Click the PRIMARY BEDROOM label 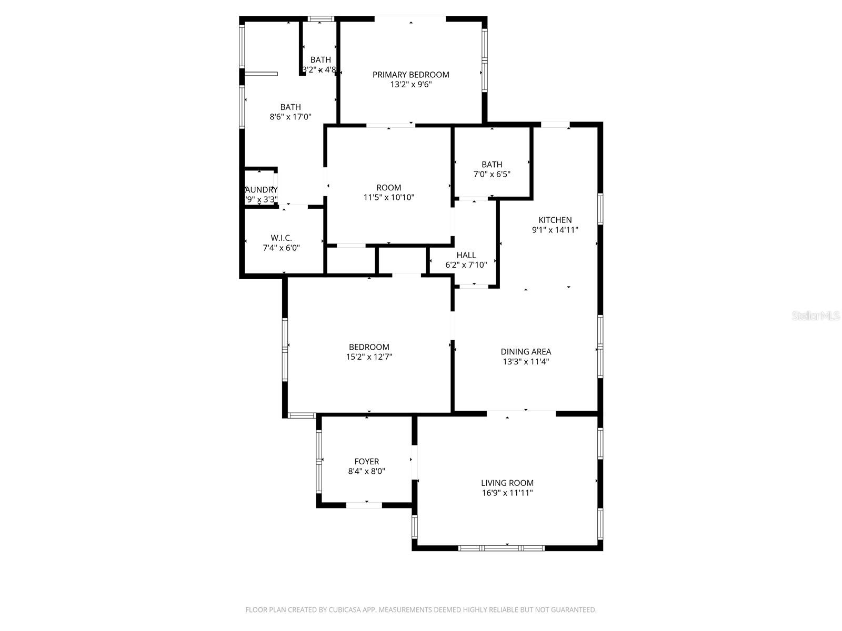410,75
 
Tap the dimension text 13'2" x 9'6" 410,85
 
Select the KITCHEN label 555,220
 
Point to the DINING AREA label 526,352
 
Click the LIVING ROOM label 507,483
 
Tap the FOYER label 366,462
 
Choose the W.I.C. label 281,238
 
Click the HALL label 466,255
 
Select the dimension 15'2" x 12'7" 369,357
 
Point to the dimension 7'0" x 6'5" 492,174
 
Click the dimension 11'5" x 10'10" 389,197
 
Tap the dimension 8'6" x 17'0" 290,117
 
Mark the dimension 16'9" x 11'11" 507,493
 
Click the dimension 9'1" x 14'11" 555,230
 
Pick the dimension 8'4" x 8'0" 366,472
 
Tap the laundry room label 262,190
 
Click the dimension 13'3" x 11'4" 526,362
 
